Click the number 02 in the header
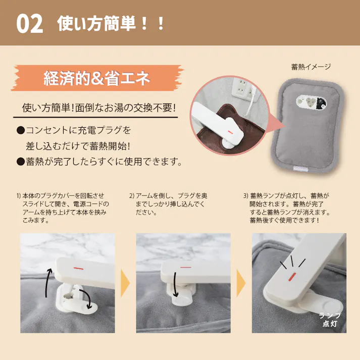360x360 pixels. click(29, 24)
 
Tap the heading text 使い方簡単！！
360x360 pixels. click(111, 23)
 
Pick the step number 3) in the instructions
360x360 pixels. click(246, 196)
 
